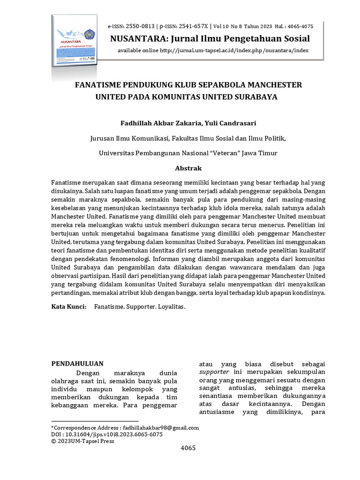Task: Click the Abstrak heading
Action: pyautogui.click(x=188, y=168)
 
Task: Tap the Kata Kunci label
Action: pyautogui.click(x=68, y=307)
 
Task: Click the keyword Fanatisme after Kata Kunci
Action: pyautogui.click(x=109, y=307)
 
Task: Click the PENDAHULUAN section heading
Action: pyautogui.click(x=77, y=363)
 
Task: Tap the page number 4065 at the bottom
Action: pyautogui.click(x=188, y=448)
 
